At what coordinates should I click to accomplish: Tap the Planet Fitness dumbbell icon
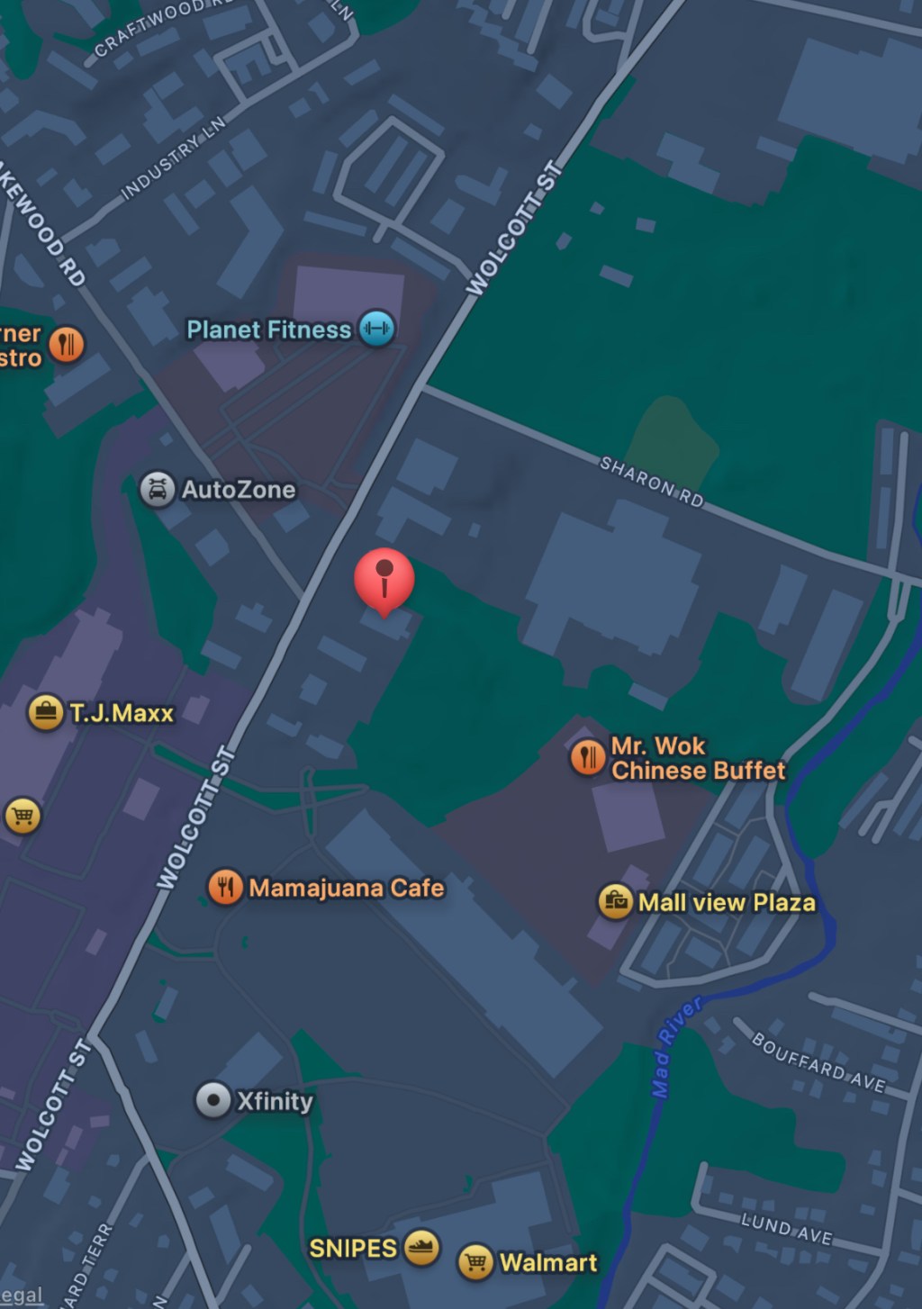point(376,328)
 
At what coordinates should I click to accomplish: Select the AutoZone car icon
point(157,489)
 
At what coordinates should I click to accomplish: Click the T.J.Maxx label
point(122,713)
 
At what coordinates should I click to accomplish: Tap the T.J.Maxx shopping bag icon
point(45,712)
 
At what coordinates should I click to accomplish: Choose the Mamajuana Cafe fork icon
point(225,887)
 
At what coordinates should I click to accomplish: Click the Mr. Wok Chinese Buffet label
point(697,758)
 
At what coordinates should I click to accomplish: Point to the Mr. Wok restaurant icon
point(587,757)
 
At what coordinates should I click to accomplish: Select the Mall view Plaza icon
point(616,901)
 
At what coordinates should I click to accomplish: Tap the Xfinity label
point(275,1100)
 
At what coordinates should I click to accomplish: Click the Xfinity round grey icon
point(213,1099)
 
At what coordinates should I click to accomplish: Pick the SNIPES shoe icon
point(420,1247)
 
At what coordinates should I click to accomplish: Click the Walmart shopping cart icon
point(475,1261)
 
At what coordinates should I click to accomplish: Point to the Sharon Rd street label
point(652,482)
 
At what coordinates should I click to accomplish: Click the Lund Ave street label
point(786,1228)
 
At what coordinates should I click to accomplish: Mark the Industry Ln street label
point(173,157)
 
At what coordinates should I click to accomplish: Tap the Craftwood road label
point(149,28)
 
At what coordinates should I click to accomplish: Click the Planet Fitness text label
point(268,330)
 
